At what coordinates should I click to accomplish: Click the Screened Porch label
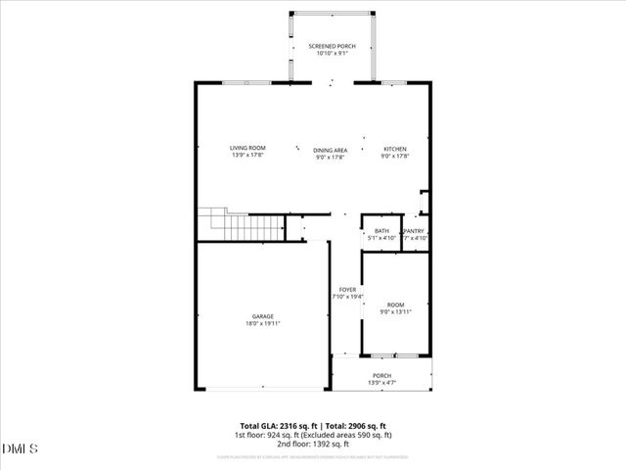point(332,46)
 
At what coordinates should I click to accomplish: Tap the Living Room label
point(247,148)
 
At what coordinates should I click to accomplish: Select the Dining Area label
point(331,150)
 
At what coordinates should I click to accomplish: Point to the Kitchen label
point(394,149)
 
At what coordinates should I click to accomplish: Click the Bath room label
point(381,231)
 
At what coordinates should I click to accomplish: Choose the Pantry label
point(415,231)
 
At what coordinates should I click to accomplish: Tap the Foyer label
point(347,290)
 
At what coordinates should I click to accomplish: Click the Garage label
point(262,316)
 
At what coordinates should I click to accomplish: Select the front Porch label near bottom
point(381,375)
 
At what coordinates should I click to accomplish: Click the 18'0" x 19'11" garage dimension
point(262,323)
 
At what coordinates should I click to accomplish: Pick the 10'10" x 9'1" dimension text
point(332,53)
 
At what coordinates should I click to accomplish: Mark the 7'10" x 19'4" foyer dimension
point(347,297)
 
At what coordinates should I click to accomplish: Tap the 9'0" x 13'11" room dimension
point(395,311)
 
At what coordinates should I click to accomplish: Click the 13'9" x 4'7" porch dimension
point(381,382)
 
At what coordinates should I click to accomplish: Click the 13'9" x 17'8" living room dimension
point(247,155)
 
